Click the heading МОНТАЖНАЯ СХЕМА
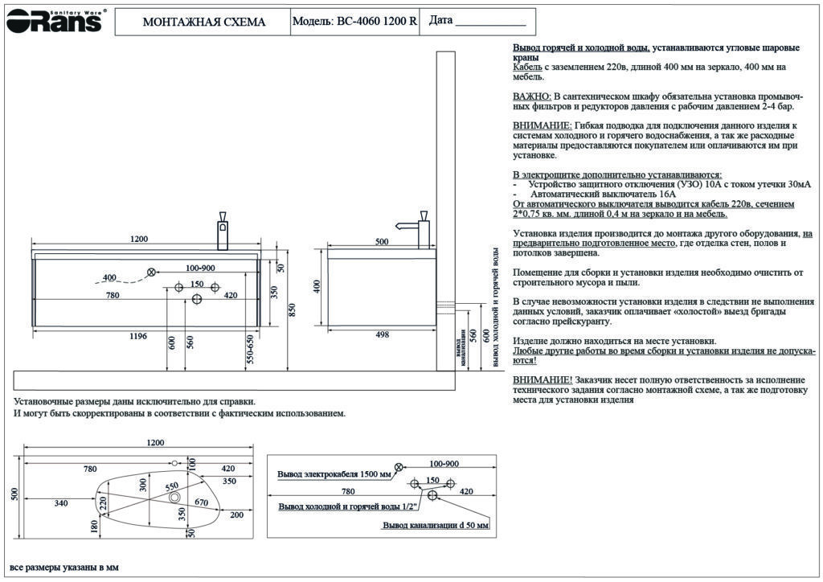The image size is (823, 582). click(x=203, y=22)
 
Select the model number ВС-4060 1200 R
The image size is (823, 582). click(x=376, y=22)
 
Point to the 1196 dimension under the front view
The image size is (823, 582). click(x=138, y=336)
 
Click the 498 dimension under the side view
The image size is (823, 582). click(x=383, y=336)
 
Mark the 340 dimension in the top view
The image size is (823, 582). click(x=60, y=503)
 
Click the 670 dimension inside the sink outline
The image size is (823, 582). click(x=201, y=503)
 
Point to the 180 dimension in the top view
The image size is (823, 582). click(x=95, y=526)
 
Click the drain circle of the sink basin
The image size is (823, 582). click(x=174, y=498)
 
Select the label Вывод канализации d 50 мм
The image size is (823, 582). click(x=435, y=525)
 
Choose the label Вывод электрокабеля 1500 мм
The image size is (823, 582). click(x=334, y=474)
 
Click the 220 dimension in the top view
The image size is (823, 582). click(x=103, y=504)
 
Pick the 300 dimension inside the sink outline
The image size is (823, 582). click(x=143, y=484)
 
